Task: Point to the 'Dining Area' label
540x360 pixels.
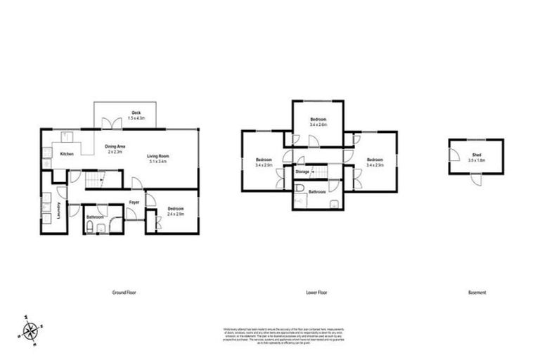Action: (115, 146)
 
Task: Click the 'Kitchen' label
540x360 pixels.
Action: (67, 153)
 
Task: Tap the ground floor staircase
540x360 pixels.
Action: (94, 182)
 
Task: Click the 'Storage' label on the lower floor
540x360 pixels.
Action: (302, 171)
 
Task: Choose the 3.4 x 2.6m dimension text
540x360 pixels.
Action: (318, 124)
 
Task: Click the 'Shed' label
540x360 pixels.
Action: (476, 155)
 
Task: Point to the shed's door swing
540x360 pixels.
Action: (477, 179)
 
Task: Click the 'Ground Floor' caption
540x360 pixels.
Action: (124, 292)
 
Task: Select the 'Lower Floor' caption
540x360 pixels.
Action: (319, 292)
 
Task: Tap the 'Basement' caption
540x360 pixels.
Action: (477, 292)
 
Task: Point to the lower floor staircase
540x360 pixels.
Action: (321, 172)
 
